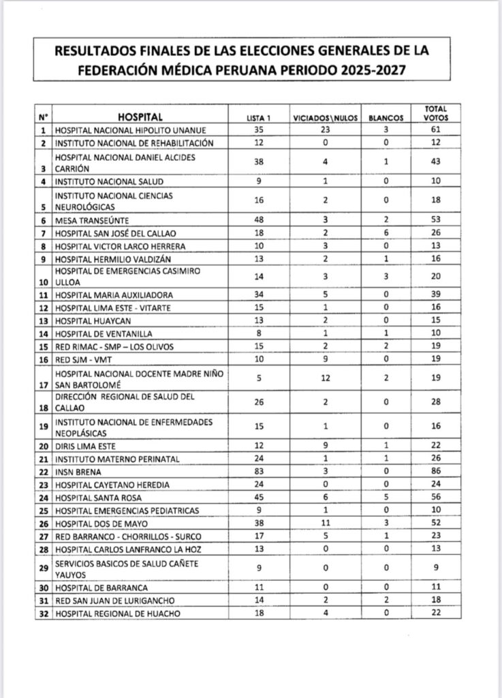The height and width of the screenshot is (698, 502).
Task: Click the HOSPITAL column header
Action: click(x=140, y=116)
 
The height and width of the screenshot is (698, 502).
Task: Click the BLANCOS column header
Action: click(x=385, y=117)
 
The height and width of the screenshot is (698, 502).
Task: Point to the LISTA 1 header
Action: click(x=259, y=117)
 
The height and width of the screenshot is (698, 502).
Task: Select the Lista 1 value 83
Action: click(x=258, y=472)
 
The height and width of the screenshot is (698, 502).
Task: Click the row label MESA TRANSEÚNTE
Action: click(x=91, y=221)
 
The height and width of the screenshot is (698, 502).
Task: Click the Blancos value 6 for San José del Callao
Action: click(x=385, y=234)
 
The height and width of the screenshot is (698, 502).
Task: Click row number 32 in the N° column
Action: click(x=44, y=613)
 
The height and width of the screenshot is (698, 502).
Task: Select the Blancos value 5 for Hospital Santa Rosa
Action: click(x=385, y=498)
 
